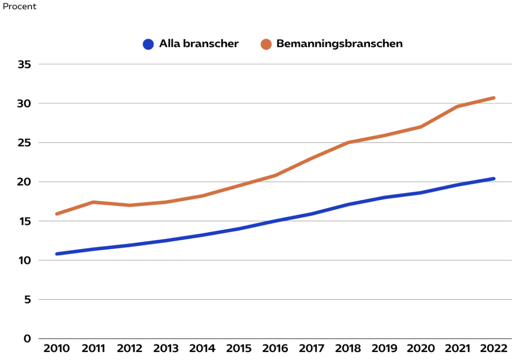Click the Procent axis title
(x=19, y=7)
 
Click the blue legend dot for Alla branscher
(x=148, y=44)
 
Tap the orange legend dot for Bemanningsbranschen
(x=266, y=44)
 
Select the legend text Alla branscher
(x=198, y=44)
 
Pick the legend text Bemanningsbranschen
(x=339, y=44)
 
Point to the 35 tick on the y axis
(x=25, y=65)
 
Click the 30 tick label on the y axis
(x=25, y=104)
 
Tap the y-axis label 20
(x=25, y=182)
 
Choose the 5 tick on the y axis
(x=27, y=299)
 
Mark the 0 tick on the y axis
(x=27, y=338)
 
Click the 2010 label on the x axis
(x=57, y=349)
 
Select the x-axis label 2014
(x=202, y=349)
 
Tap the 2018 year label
(x=348, y=349)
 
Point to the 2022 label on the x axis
(x=494, y=349)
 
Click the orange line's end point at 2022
(x=494, y=97)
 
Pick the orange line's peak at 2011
(x=93, y=202)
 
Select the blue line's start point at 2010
(x=57, y=254)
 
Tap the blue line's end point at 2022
(x=494, y=179)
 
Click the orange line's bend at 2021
(x=457, y=106)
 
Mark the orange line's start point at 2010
(x=57, y=214)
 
